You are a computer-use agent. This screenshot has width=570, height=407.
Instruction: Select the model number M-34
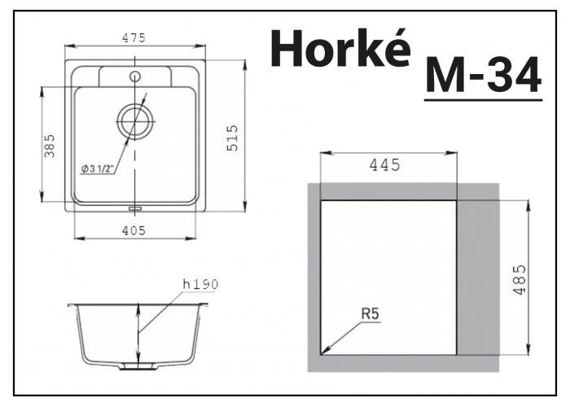tap(483, 77)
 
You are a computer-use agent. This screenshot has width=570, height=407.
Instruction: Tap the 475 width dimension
tap(134, 37)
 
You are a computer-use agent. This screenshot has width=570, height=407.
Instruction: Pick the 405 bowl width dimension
tap(134, 230)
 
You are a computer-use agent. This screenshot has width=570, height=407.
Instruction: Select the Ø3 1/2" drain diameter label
tap(98, 168)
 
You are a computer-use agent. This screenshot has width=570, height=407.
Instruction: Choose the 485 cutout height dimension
tap(520, 279)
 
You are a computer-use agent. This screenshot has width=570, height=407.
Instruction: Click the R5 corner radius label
tap(371, 311)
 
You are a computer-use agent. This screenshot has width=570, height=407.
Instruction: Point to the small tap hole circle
tap(134, 77)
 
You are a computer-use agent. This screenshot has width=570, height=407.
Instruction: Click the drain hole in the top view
tap(134, 122)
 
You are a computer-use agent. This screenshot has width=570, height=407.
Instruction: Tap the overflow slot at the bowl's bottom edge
tap(134, 208)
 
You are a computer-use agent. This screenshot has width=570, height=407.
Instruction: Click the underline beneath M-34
tap(483, 99)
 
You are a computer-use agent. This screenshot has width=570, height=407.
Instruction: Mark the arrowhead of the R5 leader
tap(324, 352)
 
